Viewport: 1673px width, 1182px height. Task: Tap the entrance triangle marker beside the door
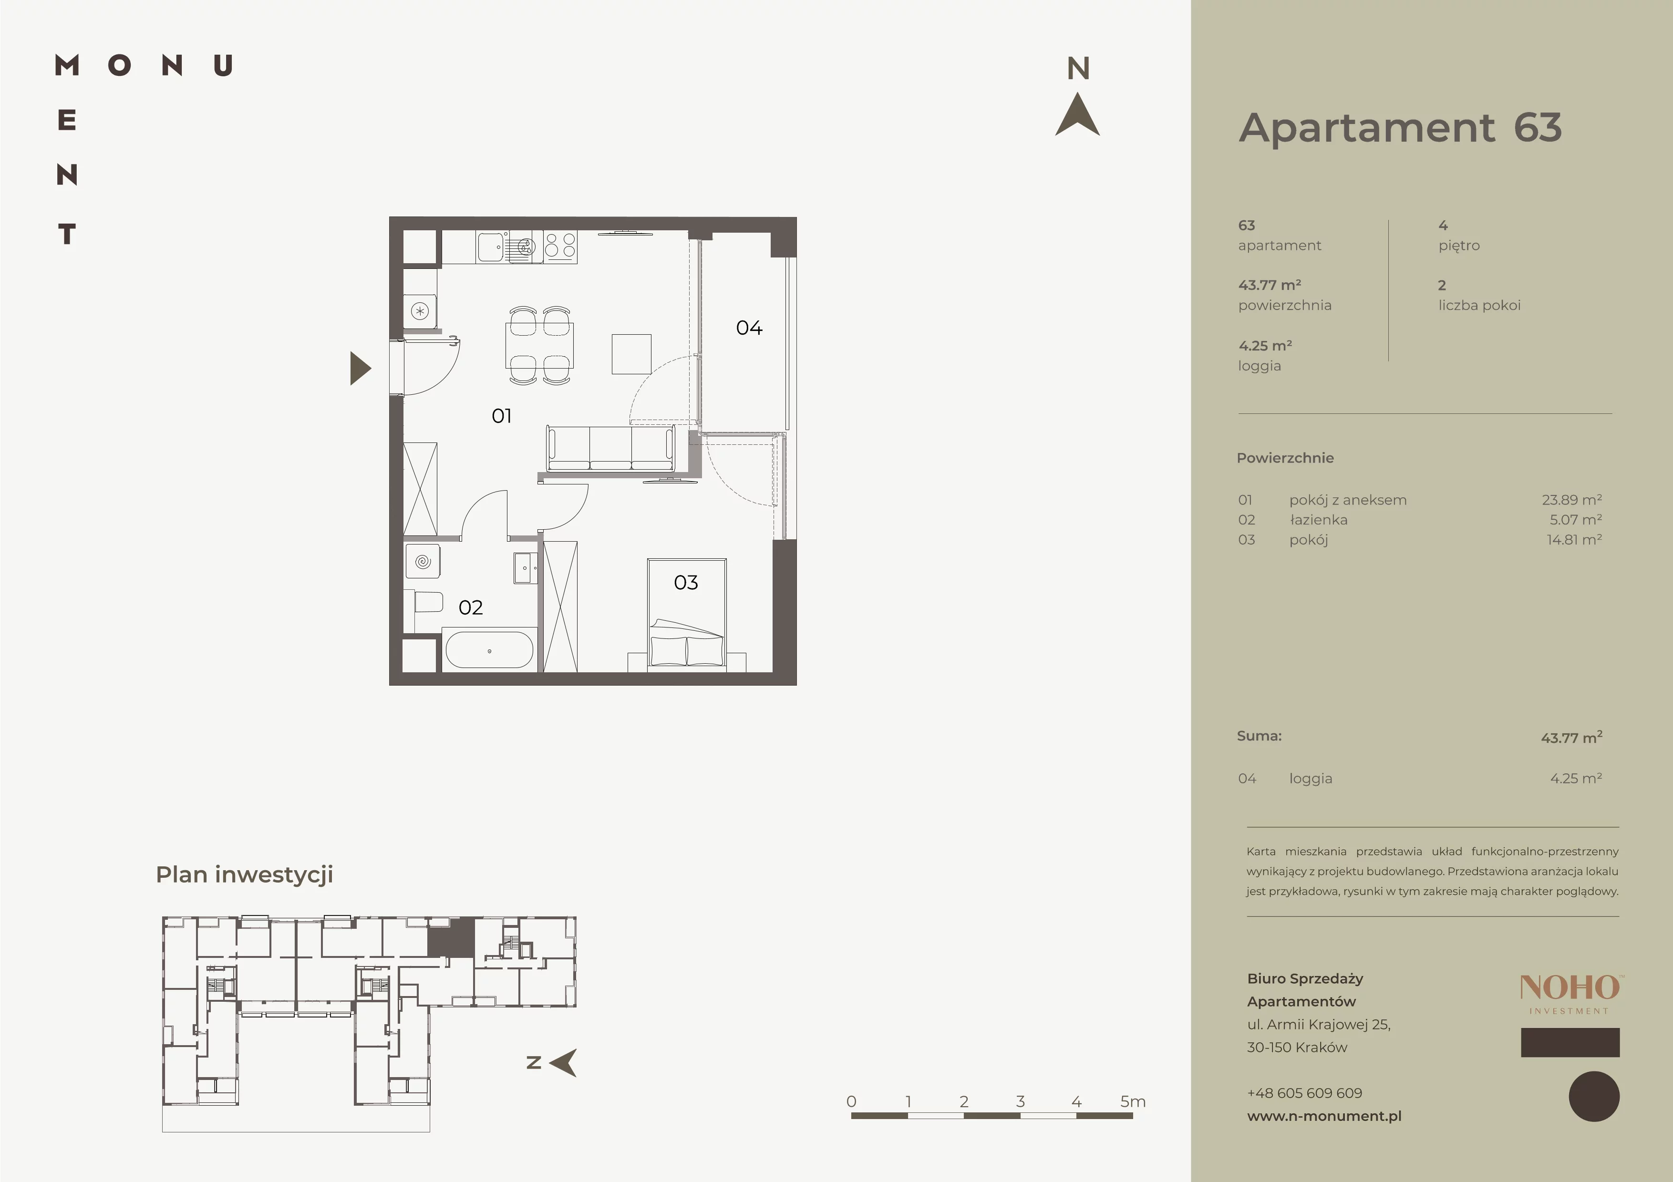[361, 369]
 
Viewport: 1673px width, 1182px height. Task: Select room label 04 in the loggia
[749, 328]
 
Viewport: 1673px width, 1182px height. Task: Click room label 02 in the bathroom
[471, 607]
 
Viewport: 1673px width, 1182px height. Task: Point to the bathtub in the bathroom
[489, 650]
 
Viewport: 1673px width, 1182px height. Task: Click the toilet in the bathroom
[428, 602]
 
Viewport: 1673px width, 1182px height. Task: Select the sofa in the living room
[610, 449]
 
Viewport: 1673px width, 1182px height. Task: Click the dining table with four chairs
[539, 345]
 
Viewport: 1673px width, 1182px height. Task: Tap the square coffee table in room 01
[631, 354]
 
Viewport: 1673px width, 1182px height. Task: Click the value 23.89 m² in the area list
[1572, 500]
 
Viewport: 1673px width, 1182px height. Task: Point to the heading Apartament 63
[1400, 128]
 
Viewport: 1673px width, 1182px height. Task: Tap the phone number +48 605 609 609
[1304, 1093]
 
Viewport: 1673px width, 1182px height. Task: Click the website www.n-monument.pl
[1324, 1116]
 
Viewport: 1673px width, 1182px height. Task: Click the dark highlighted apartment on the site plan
[450, 938]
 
